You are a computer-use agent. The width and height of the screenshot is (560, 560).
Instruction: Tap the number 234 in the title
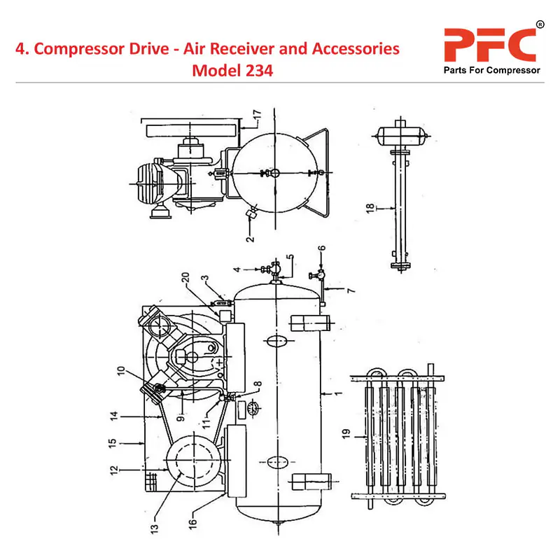(258, 71)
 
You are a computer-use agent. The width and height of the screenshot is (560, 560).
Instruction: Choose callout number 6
(321, 249)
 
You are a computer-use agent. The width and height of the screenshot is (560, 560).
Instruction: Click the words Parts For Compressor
(492, 71)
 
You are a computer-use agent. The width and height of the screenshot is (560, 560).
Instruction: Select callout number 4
(237, 269)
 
